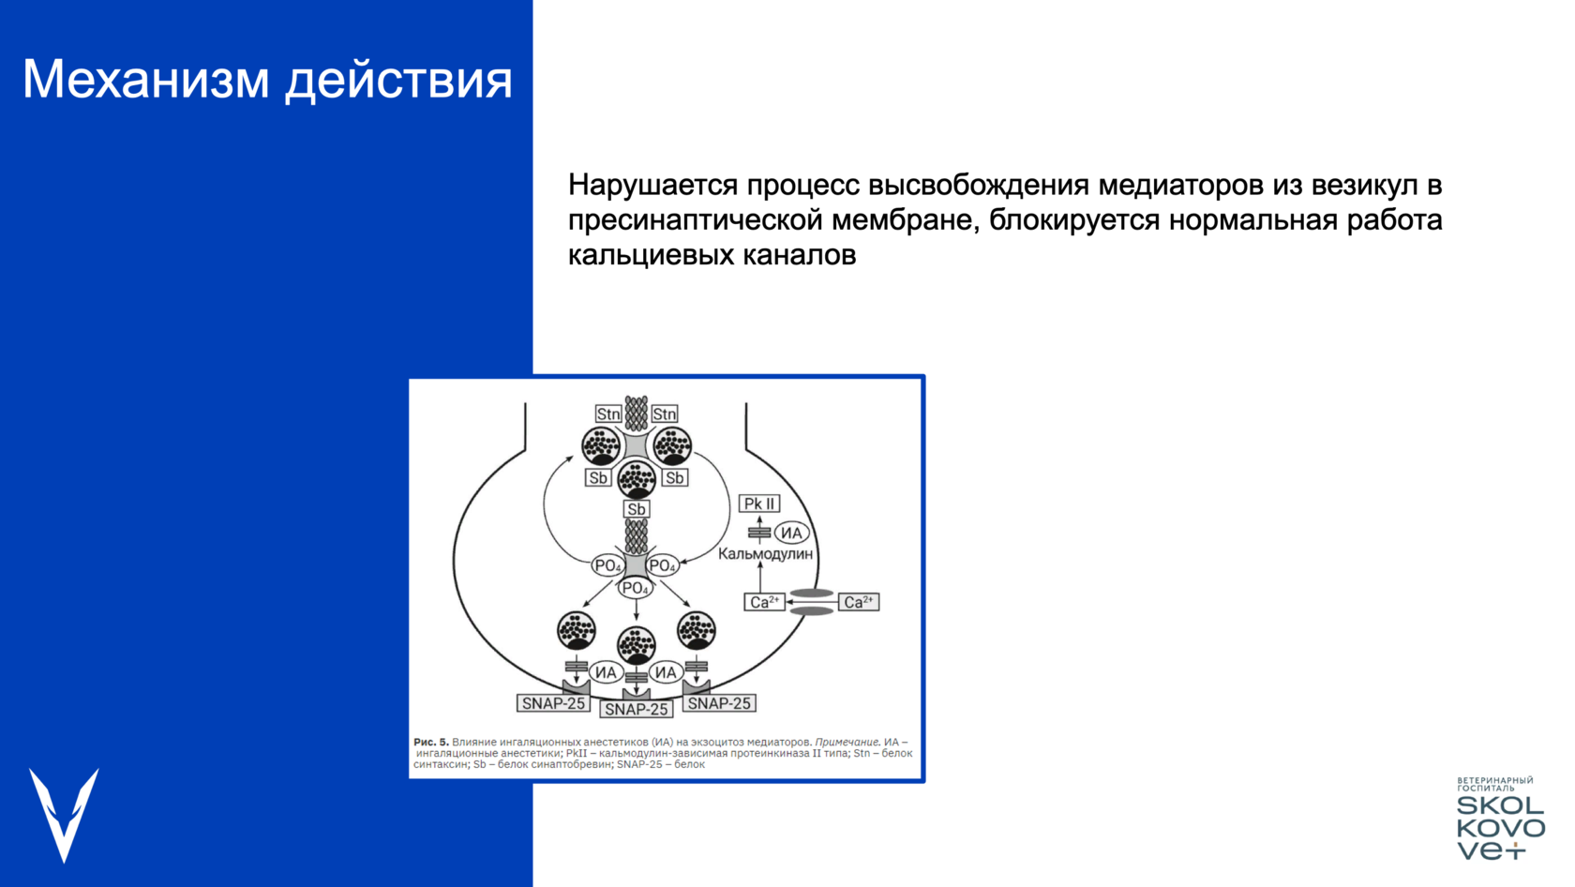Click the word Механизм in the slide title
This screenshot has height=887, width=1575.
[x=146, y=79]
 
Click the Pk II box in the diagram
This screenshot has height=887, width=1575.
[x=759, y=504]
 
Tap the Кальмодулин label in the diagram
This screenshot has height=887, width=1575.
[x=765, y=553]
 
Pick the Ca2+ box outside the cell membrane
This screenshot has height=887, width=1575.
[x=859, y=602]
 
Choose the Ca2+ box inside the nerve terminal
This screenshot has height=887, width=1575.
[x=764, y=602]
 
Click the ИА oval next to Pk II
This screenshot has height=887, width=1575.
[x=791, y=533]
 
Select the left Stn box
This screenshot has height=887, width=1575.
[x=608, y=413]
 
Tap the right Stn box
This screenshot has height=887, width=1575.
[x=664, y=413]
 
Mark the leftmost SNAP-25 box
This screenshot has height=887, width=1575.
[x=553, y=703]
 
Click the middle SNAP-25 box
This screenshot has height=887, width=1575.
[x=637, y=709]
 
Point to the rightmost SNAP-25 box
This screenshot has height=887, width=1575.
[x=719, y=703]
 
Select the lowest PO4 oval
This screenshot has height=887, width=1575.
[x=636, y=588]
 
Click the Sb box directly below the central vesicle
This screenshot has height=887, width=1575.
[x=637, y=509]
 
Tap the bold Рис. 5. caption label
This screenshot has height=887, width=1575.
[x=431, y=742]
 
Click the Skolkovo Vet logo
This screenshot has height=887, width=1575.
[x=1500, y=818]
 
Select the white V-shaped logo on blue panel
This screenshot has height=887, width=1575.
[x=64, y=815]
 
